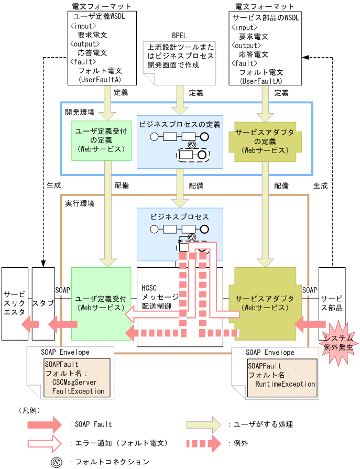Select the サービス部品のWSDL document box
(265, 49)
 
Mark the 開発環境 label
(80, 112)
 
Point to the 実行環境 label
(80, 203)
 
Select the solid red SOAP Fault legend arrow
(45, 424)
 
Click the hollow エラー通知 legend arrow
(45, 443)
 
